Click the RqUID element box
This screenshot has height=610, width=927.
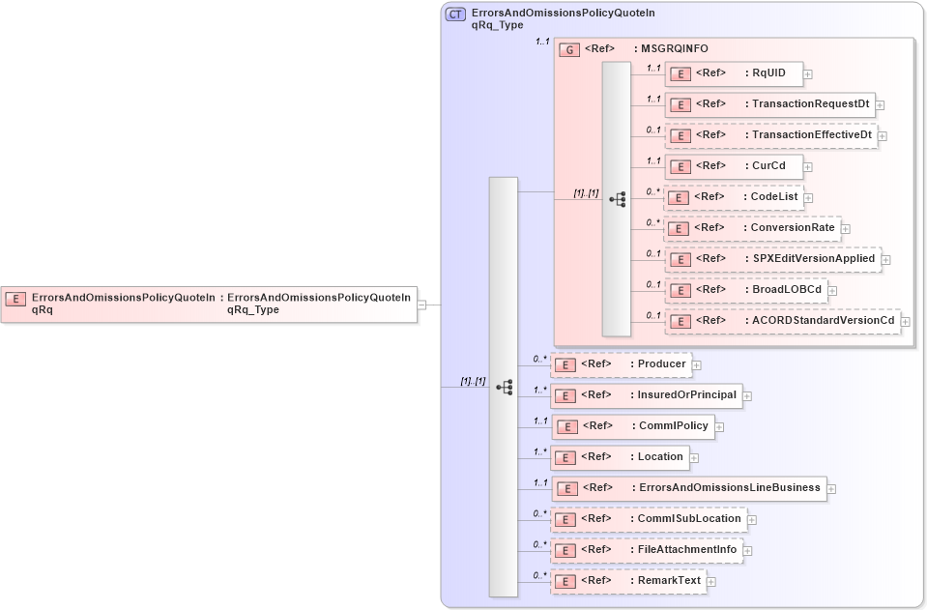[x=733, y=73]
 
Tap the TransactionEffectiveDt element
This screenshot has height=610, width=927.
[x=770, y=135]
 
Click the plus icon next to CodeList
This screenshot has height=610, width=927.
[x=809, y=197]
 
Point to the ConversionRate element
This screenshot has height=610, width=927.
[x=752, y=228]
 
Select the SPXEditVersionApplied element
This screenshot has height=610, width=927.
[x=771, y=259]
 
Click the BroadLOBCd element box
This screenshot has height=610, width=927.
[x=744, y=289]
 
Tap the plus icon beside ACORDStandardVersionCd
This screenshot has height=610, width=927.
[x=906, y=321]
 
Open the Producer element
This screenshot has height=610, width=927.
[x=622, y=364]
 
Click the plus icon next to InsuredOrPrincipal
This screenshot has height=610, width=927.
[x=747, y=395]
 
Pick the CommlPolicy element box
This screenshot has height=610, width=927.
[x=632, y=426]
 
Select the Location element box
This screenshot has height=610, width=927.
[x=620, y=457]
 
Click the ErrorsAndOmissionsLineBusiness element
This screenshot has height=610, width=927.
[x=687, y=488]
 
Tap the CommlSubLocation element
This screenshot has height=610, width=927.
[x=649, y=519]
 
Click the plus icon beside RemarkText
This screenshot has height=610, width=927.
[x=711, y=582]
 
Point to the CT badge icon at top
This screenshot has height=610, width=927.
[x=455, y=15]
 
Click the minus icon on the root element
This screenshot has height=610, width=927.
[x=422, y=304]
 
